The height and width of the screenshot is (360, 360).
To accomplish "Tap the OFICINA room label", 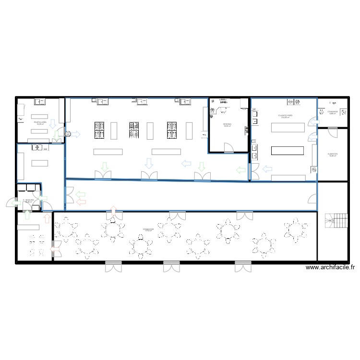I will click(x=227, y=125).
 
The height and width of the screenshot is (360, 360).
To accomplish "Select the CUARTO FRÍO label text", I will click(x=285, y=116).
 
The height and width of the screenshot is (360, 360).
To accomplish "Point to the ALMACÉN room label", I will click(x=333, y=155).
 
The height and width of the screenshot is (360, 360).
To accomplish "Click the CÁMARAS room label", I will click(x=333, y=112).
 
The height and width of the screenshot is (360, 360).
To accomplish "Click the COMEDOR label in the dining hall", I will click(x=148, y=230).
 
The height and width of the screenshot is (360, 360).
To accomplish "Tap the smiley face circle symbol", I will click(x=68, y=134).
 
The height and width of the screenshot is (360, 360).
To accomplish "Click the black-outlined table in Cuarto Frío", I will click(x=288, y=150).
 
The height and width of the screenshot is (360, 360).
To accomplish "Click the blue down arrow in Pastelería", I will click(x=53, y=125).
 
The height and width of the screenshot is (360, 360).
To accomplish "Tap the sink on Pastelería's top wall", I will click(x=38, y=101).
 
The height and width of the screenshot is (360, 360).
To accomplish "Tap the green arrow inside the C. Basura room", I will click(x=43, y=198).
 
